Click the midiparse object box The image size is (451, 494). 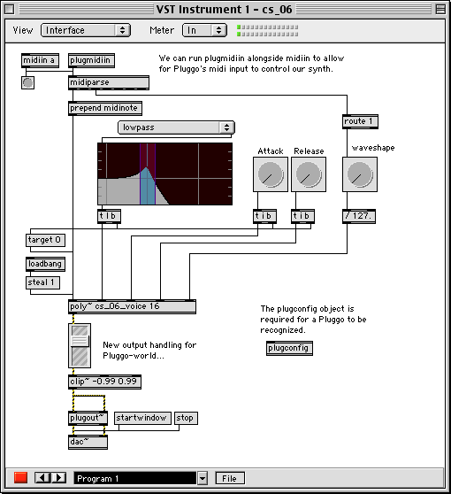click(x=109, y=82)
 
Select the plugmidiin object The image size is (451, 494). click(x=91, y=60)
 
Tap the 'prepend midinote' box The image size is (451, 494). click(x=105, y=108)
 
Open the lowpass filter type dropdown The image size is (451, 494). click(x=176, y=127)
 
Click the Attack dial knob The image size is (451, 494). click(x=271, y=174)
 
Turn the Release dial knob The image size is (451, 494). click(x=309, y=174)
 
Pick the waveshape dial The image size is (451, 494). click(x=360, y=174)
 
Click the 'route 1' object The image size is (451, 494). click(x=360, y=121)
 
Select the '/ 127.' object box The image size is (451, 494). click(x=359, y=216)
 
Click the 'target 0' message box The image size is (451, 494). click(x=45, y=240)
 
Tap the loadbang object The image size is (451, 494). click(x=45, y=264)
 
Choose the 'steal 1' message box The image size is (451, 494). click(x=42, y=282)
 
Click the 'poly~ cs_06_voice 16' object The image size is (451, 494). click(x=132, y=306)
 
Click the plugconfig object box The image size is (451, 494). click(x=289, y=348)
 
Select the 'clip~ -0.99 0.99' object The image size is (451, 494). click(x=104, y=382)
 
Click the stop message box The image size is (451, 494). click(x=186, y=418)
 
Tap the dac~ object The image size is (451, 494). click(x=88, y=442)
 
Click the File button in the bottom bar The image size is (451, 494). click(x=230, y=478)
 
